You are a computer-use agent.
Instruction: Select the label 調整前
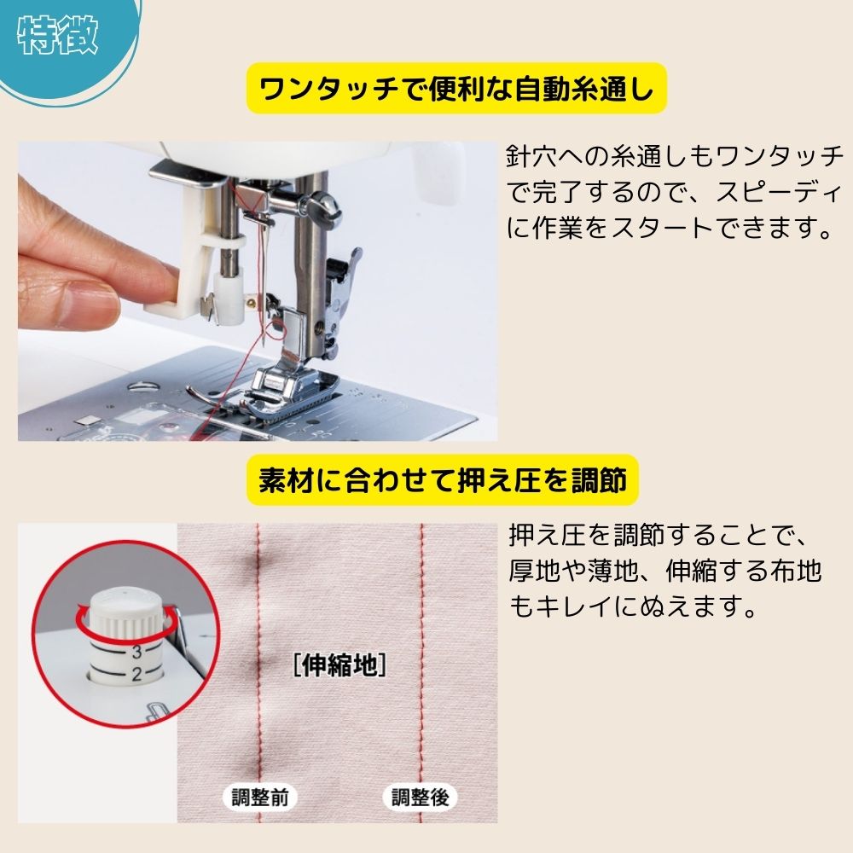(x=260, y=798)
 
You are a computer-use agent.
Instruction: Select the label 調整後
(x=420, y=798)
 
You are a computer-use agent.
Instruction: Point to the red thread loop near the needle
(x=272, y=328)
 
